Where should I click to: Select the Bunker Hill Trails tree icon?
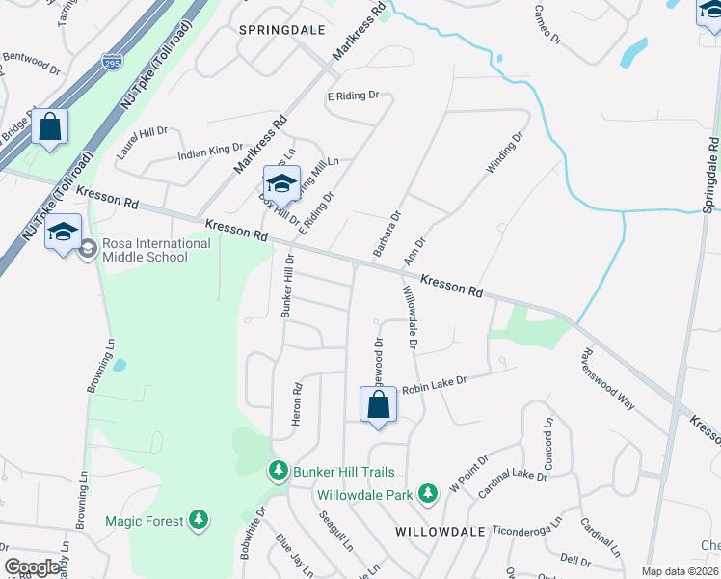coord(279,470)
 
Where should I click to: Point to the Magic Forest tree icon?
coord(199,521)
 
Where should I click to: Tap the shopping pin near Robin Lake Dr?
coord(379,405)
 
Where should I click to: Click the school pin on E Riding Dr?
coord(281,183)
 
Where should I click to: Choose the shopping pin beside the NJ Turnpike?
coord(49,126)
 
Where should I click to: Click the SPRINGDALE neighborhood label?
coord(278,30)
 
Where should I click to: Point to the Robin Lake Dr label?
coord(434,384)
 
